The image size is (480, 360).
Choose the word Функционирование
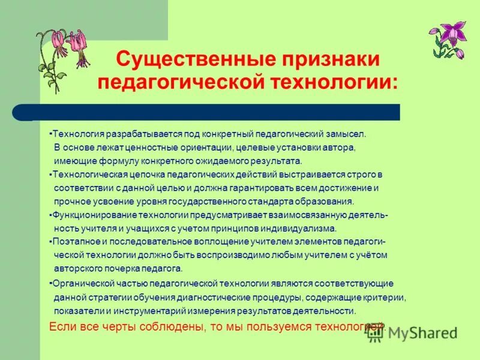point(90,215)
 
